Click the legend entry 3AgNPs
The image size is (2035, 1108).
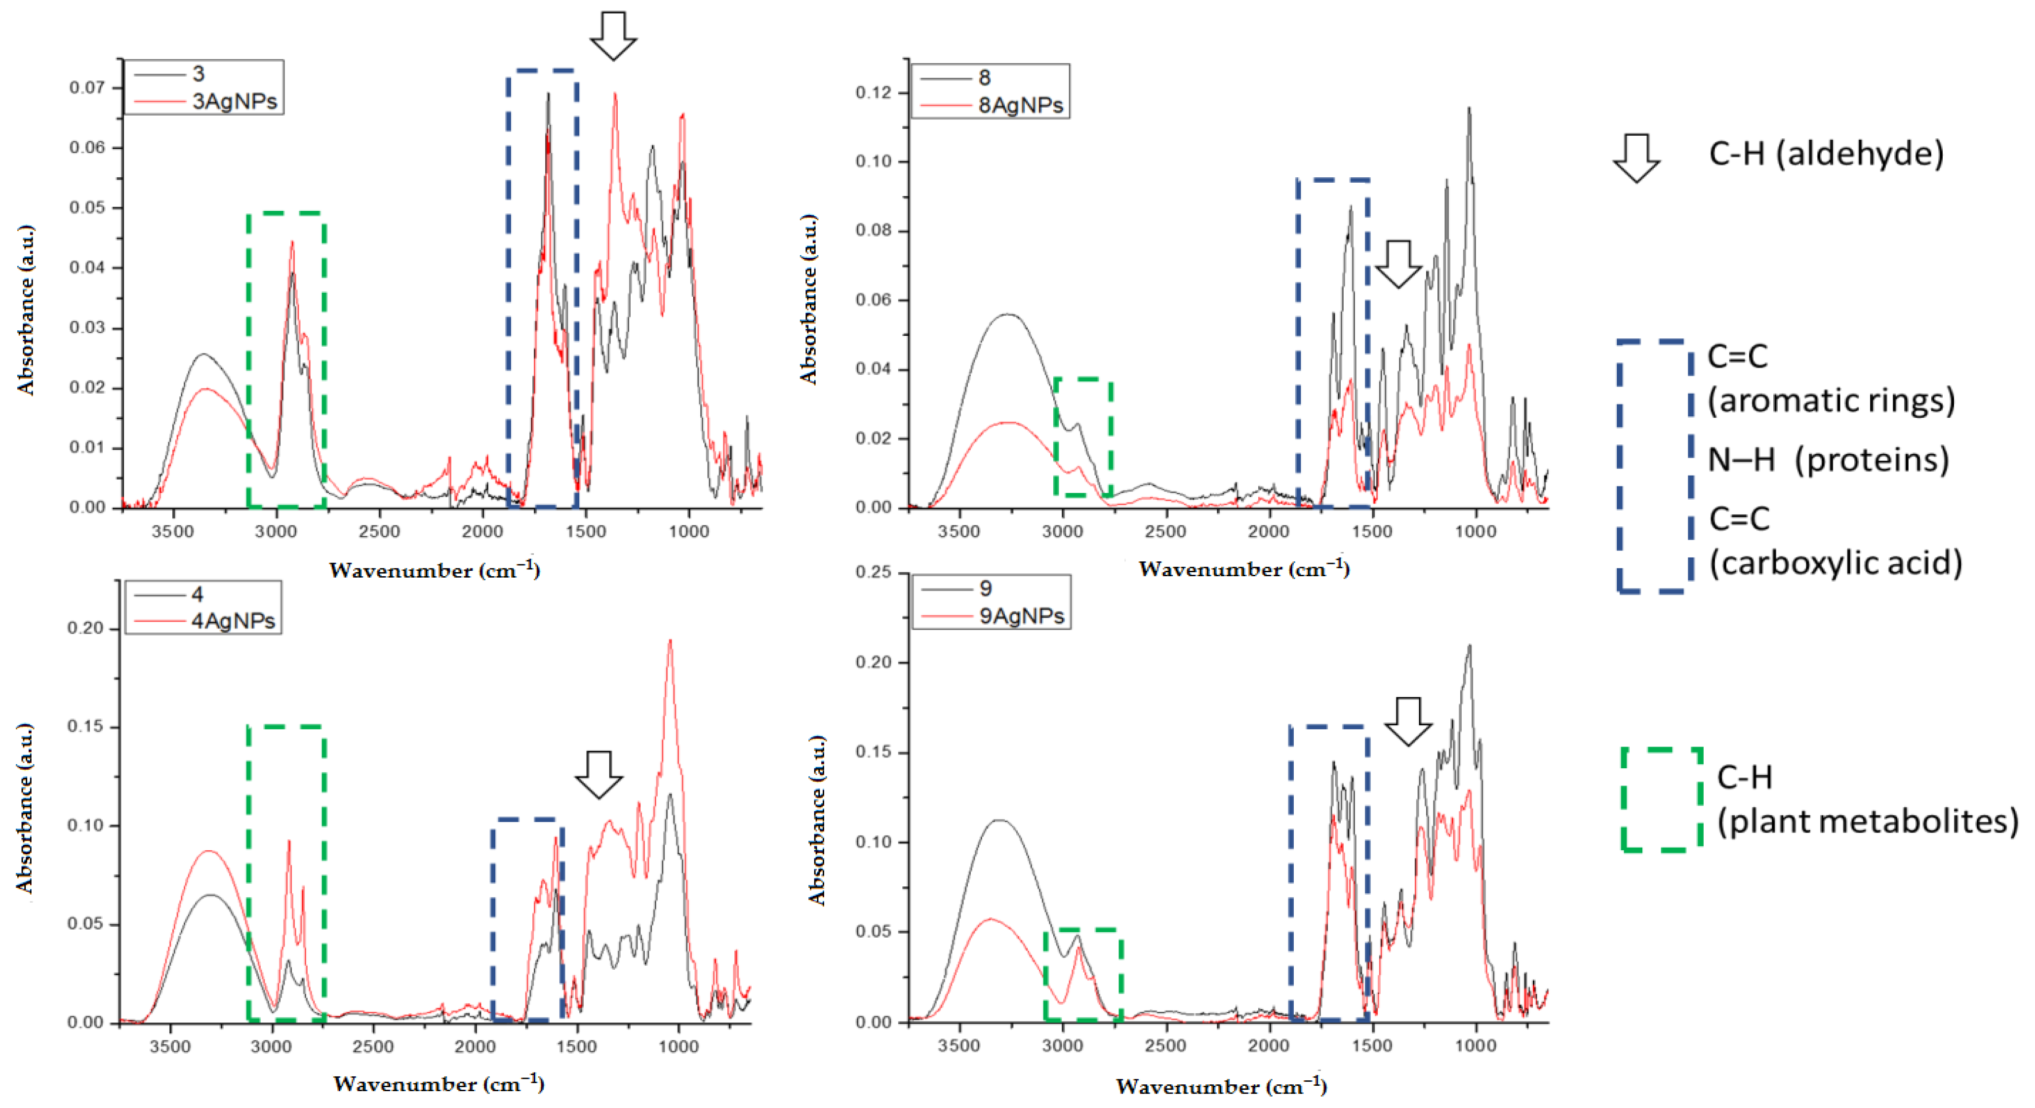tap(234, 102)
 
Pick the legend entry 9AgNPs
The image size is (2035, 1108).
tap(1021, 616)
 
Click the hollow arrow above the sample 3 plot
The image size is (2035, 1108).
tap(613, 36)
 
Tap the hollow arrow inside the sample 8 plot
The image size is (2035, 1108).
tap(1398, 264)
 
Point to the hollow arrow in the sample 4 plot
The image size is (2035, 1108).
tap(598, 774)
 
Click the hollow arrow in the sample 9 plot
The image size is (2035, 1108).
tap(1408, 721)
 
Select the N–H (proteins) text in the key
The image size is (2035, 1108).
tap(1827, 460)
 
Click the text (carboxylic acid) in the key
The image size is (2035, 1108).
tap(1835, 562)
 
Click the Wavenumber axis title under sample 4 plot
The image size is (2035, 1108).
tap(439, 1083)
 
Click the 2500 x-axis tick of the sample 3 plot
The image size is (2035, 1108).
tap(379, 531)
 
